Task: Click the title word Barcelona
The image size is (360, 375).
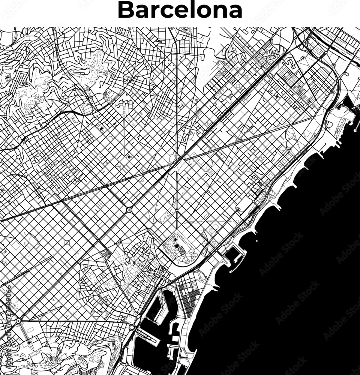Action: (180, 10)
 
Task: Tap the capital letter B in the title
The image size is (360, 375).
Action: (126, 10)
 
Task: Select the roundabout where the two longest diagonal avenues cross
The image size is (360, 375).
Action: (129, 209)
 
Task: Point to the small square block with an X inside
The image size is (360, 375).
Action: (67, 242)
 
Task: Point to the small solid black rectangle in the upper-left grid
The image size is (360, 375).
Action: (101, 128)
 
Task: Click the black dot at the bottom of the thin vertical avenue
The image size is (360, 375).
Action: (128, 157)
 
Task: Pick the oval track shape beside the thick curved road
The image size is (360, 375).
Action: (87, 108)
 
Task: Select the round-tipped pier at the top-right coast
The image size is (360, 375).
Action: (355, 130)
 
